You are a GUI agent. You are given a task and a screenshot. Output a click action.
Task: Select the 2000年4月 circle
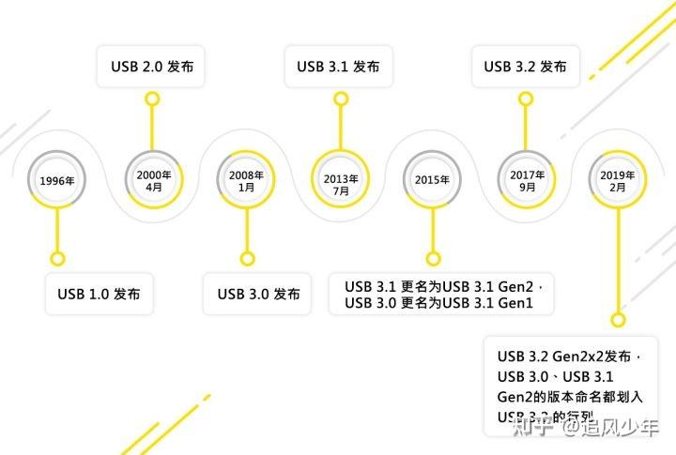coord(153,179)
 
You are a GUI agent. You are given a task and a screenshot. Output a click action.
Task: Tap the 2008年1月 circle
coord(247,179)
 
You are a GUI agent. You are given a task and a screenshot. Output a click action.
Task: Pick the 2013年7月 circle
coord(340,179)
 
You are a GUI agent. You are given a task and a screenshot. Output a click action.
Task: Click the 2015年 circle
coord(432,179)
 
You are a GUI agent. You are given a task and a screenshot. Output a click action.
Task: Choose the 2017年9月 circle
coord(526,179)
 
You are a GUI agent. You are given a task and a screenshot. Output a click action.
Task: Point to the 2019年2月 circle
coord(617,179)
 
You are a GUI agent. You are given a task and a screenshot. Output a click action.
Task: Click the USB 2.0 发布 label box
coord(152,67)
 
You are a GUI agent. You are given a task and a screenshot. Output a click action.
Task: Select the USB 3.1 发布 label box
coord(338,67)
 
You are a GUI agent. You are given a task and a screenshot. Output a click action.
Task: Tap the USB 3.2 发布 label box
coord(525,67)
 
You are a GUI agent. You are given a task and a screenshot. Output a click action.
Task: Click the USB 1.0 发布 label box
coord(99,294)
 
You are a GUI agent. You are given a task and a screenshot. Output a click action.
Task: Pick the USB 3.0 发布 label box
coord(258,294)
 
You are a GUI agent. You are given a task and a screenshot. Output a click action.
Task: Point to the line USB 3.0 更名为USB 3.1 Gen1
coord(438,303)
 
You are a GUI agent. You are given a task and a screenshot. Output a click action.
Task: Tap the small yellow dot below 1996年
coord(57,258)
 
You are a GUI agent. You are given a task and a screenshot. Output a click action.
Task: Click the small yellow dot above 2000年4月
coord(152,97)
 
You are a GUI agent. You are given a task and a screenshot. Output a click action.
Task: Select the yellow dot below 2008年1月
coord(247,258)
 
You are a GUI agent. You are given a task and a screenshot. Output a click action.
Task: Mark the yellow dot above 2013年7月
coord(339,97)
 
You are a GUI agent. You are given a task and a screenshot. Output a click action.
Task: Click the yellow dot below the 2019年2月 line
coord(618,319)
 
